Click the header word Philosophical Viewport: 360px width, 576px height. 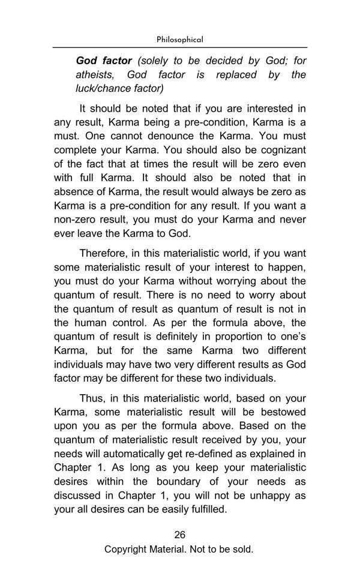[x=179, y=40]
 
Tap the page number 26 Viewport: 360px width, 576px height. [x=179, y=535]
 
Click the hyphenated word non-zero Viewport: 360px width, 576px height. [x=76, y=219]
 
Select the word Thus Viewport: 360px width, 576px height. [x=91, y=398]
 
